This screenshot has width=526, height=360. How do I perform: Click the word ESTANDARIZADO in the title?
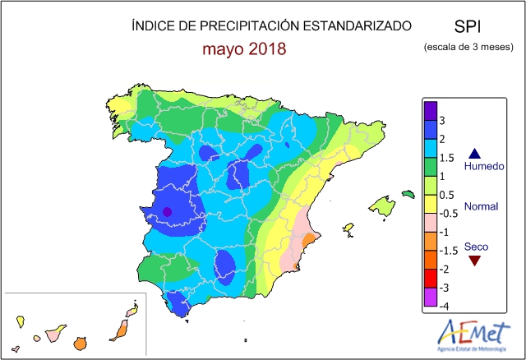pyautogui.click(x=354, y=26)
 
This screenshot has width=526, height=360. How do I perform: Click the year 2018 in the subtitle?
pyautogui.click(x=261, y=48)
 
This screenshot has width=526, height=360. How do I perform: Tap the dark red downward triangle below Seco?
pyautogui.click(x=473, y=261)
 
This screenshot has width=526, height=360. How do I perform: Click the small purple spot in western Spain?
pyautogui.click(x=167, y=211)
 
